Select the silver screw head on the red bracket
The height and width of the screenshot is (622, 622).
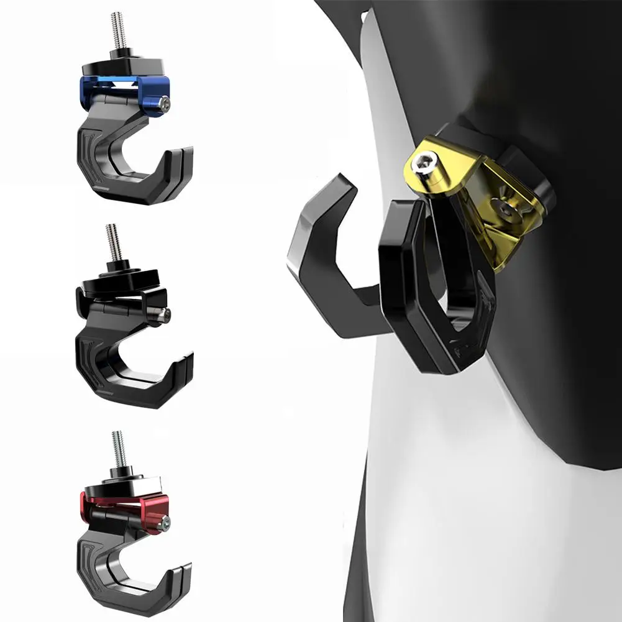pyautogui.click(x=164, y=523)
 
